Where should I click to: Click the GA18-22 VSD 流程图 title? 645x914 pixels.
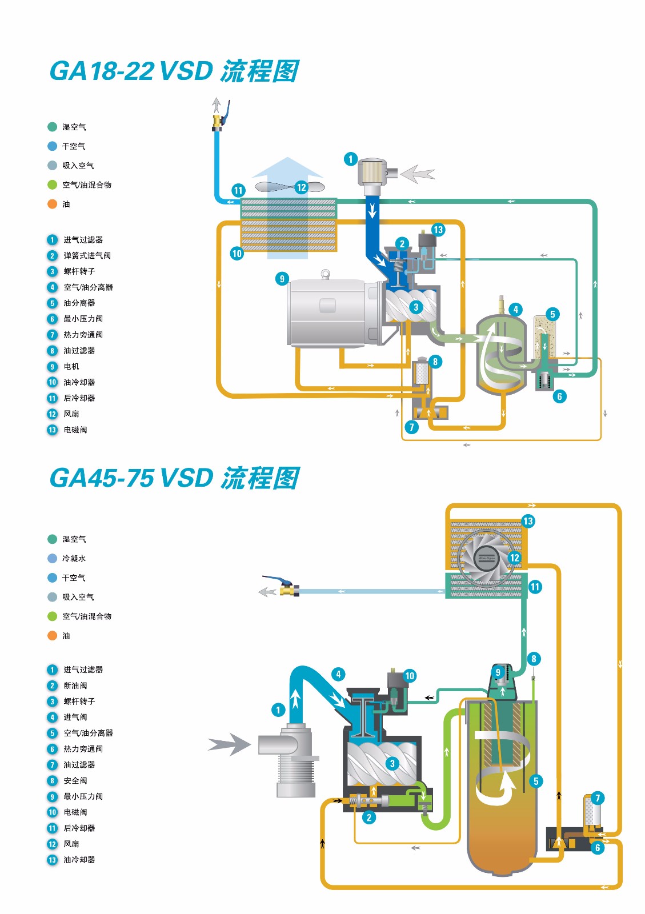(174, 71)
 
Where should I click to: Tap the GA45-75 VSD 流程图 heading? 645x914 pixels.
(174, 478)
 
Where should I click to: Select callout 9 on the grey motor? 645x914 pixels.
(282, 279)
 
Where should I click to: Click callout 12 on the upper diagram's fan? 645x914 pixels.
(301, 187)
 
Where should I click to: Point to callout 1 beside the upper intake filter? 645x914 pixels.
(351, 159)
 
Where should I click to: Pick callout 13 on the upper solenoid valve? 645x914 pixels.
(438, 230)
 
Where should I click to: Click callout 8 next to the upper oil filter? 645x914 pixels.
(435, 362)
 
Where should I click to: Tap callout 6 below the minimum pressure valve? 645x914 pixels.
(559, 396)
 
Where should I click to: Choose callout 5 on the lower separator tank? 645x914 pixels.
(536, 781)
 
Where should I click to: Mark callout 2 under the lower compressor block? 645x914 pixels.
(369, 817)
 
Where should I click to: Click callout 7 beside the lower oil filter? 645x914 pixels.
(598, 798)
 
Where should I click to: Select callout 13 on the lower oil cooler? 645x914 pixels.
(528, 521)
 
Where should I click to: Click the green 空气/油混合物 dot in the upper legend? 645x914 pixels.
(53, 185)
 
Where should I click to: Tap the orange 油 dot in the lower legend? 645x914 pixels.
(53, 635)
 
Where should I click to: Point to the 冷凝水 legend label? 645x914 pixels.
(74, 558)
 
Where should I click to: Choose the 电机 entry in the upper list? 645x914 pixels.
(71, 366)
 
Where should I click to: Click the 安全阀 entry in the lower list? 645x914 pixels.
(75, 780)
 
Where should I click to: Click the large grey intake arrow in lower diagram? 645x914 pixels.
(229, 744)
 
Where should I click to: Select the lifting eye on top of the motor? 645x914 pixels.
(326, 274)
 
